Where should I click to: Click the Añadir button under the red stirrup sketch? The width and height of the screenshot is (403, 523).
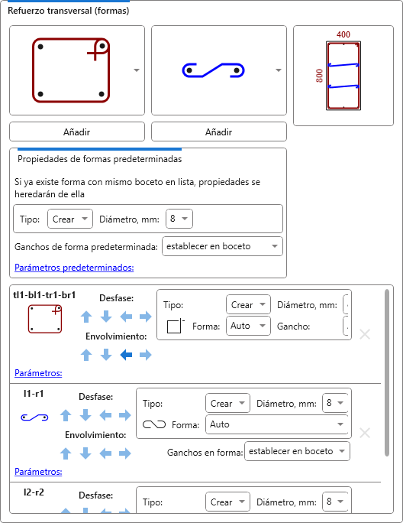[x=77, y=132]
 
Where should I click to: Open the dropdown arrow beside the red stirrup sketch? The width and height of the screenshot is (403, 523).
[x=137, y=70]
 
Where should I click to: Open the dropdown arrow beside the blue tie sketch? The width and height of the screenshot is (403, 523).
[x=279, y=70]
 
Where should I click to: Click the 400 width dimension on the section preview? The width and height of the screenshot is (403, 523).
[x=343, y=34]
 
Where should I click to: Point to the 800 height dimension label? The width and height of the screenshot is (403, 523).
[x=319, y=76]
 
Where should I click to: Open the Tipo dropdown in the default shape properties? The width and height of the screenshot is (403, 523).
[x=70, y=219]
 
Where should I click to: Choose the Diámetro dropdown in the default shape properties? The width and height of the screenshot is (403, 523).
[x=179, y=219]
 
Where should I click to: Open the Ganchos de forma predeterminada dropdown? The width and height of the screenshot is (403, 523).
[x=222, y=246]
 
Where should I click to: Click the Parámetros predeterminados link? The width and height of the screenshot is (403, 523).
[x=74, y=268]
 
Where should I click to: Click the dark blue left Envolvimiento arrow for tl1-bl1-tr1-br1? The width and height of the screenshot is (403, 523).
[x=126, y=355]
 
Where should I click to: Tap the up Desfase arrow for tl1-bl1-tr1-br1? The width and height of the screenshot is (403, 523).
[x=86, y=317]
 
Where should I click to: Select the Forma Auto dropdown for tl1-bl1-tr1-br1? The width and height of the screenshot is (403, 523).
[x=248, y=326]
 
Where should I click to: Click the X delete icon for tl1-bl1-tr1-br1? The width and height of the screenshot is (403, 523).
[x=365, y=334]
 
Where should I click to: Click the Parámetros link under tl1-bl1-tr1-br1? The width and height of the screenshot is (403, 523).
[x=38, y=373]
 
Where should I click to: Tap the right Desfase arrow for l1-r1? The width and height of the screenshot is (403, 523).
[x=125, y=415]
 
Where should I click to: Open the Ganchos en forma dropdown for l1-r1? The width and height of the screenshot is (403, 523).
[x=297, y=451]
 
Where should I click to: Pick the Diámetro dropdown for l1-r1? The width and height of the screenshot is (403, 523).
[x=335, y=403]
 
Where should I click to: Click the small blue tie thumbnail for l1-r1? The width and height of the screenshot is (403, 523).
[x=34, y=417]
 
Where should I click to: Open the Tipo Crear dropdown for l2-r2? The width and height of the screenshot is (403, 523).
[x=227, y=502]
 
